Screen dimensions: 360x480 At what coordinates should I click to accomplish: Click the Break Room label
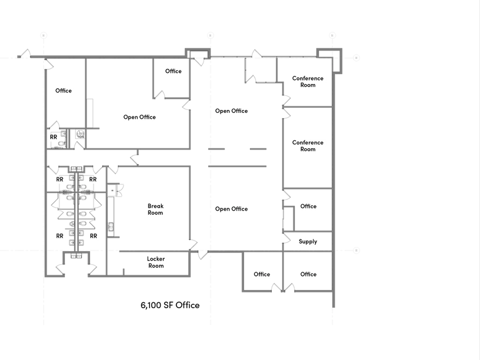[155, 209]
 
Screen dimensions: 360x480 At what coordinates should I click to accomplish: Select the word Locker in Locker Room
[156, 259]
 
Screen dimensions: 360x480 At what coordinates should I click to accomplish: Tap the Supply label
[308, 242]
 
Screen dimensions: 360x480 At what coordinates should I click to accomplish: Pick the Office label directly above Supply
[308, 206]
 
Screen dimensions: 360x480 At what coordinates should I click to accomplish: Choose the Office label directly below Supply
[308, 274]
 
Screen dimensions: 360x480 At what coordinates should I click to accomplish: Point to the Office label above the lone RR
[63, 91]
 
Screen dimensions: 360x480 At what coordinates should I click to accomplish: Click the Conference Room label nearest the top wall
[308, 82]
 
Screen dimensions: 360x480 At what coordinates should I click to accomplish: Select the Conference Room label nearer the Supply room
[308, 146]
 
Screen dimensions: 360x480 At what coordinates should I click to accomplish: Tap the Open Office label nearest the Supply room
[231, 209]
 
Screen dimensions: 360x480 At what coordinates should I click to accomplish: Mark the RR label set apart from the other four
[54, 137]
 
